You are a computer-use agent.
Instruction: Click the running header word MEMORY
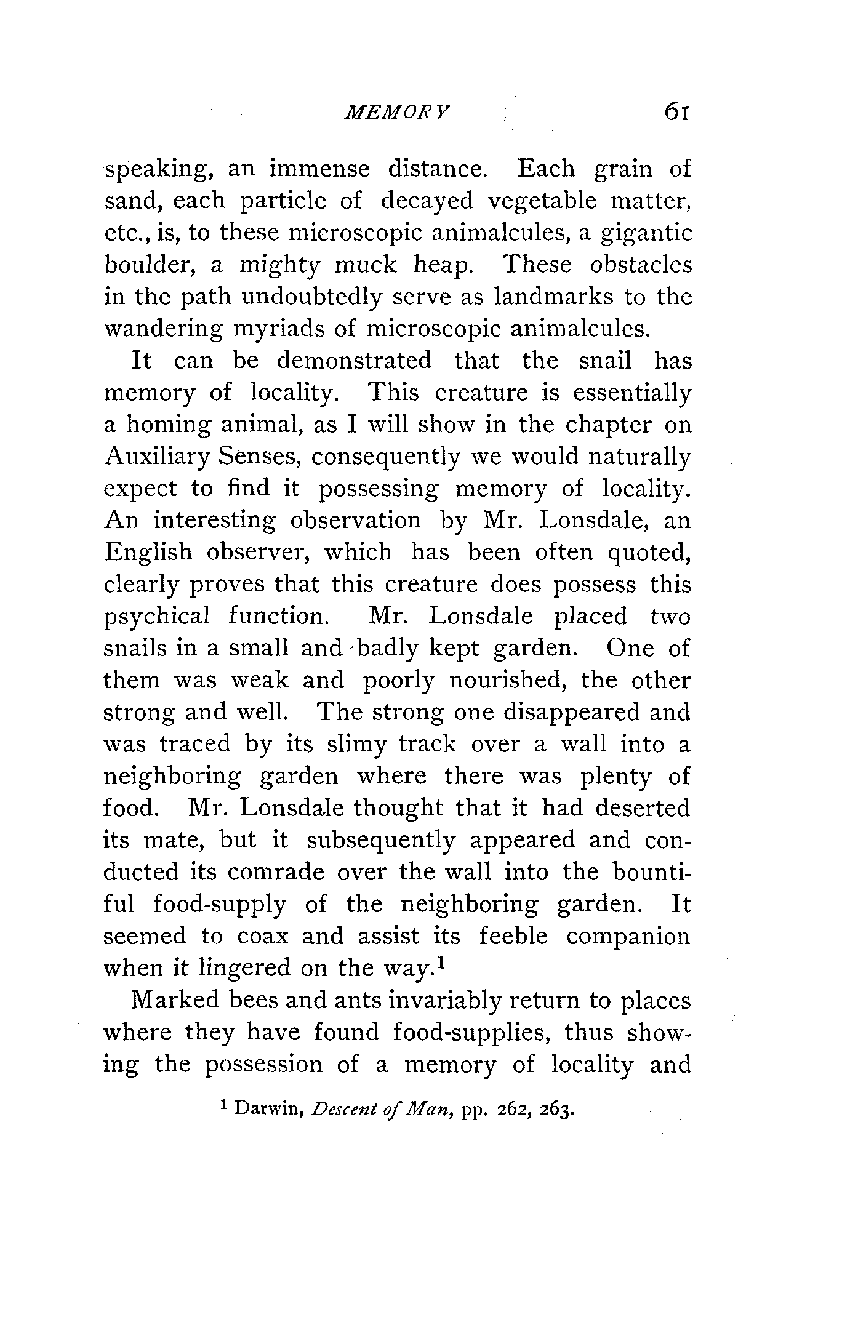point(398,112)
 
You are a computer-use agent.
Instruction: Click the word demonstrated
point(354,361)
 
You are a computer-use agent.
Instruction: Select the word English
point(148,552)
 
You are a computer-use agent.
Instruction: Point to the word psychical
point(157,616)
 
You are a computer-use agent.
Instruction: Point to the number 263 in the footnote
point(559,1110)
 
